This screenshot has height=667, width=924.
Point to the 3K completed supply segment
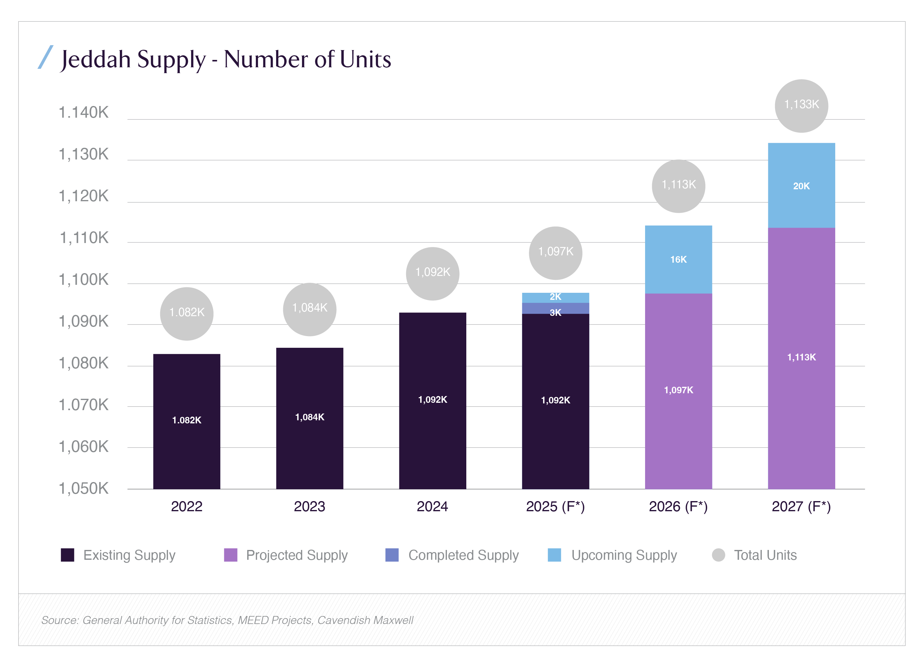pos(555,309)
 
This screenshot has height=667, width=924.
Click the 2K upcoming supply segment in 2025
pos(555,297)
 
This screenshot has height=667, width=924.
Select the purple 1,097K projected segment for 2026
pos(678,390)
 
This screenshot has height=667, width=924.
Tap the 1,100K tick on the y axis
pos(84,280)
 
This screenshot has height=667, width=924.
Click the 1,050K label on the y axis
pos(84,488)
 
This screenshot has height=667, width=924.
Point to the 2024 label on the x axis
pos(432,506)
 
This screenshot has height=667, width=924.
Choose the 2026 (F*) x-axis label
pos(678,506)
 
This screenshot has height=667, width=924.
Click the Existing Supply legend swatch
pos(68,555)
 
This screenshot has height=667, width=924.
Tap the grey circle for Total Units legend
pos(718,555)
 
